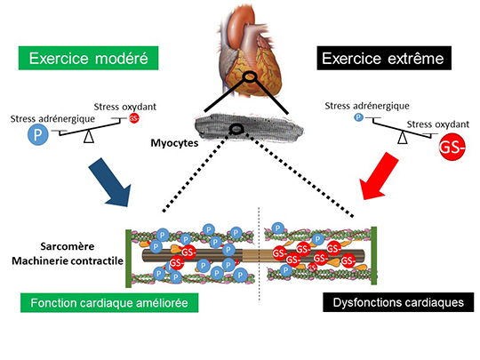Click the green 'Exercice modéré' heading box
pyautogui.click(x=89, y=58)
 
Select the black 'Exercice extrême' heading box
pyautogui.click(x=384, y=58)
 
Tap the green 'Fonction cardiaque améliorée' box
pyautogui.click(x=109, y=303)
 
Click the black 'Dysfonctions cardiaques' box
pyautogui.click(x=398, y=302)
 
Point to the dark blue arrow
pyautogui.click(x=111, y=183)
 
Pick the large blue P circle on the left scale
pyautogui.click(x=38, y=135)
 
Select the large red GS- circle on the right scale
pyautogui.click(x=452, y=148)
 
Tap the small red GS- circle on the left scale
pyautogui.click(x=134, y=118)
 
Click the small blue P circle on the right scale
pyautogui.click(x=358, y=117)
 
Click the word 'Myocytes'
pyautogui.click(x=174, y=143)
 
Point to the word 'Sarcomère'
pyautogui.click(x=68, y=246)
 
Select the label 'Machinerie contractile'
pyautogui.click(x=68, y=260)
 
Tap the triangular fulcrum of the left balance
pyautogui.click(x=89, y=136)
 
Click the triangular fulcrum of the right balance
pyautogui.click(x=403, y=138)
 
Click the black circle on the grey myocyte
pyautogui.click(x=236, y=129)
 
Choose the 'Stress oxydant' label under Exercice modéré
pyautogui.click(x=125, y=107)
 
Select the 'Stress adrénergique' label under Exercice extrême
pyautogui.click(x=367, y=106)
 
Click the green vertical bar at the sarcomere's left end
pyautogui.click(x=129, y=259)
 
